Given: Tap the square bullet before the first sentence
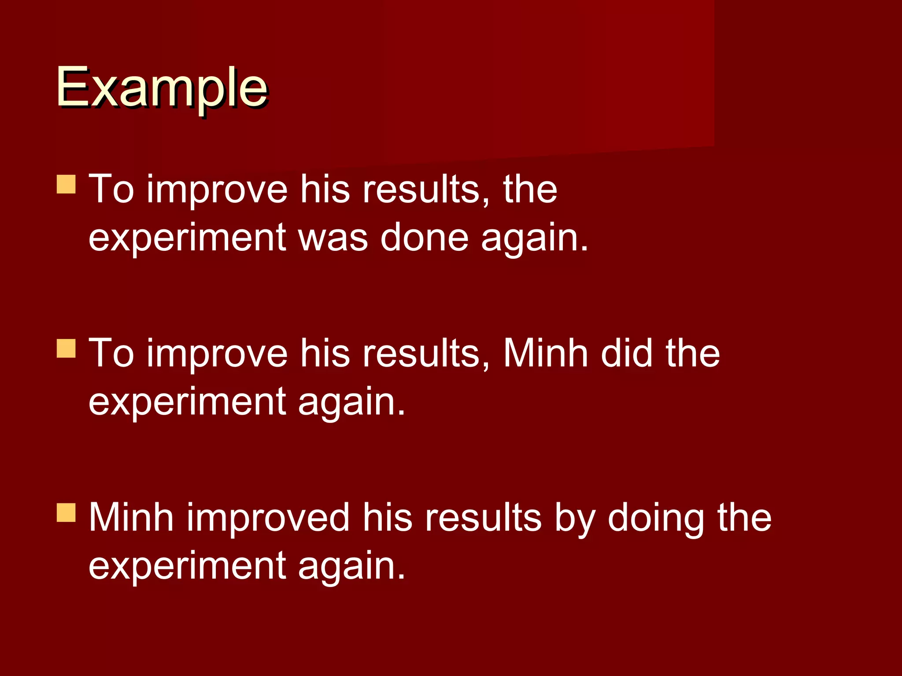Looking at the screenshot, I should (67, 184).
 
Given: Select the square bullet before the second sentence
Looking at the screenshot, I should (67, 348).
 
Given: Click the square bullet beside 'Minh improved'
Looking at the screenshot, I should (67, 512).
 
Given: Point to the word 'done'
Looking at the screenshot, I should (424, 238).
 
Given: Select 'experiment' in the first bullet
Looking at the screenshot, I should (187, 238).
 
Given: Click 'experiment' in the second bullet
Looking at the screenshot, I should (187, 402).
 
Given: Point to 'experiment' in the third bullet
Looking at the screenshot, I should (187, 566).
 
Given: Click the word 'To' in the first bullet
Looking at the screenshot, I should (111, 189).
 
